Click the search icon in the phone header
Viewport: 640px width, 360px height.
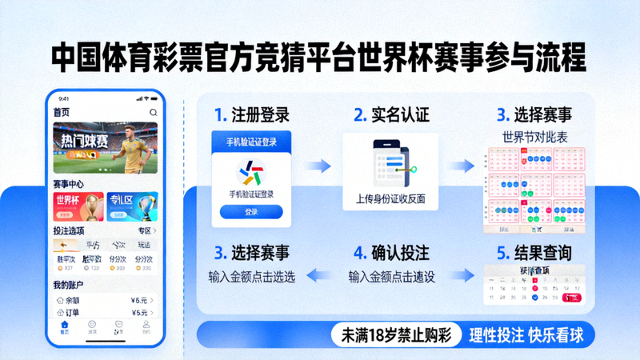tap(153, 112)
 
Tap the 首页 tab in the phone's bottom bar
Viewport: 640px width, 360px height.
tap(64, 328)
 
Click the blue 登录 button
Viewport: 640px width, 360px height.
tap(251, 212)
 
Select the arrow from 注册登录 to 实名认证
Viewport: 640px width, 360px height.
tap(320, 166)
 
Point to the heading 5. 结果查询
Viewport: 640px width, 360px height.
tap(534, 254)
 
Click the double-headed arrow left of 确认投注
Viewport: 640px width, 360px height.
tap(320, 276)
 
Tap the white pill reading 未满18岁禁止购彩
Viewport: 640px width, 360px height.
tap(397, 335)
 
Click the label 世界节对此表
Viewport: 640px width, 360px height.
tap(534, 137)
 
